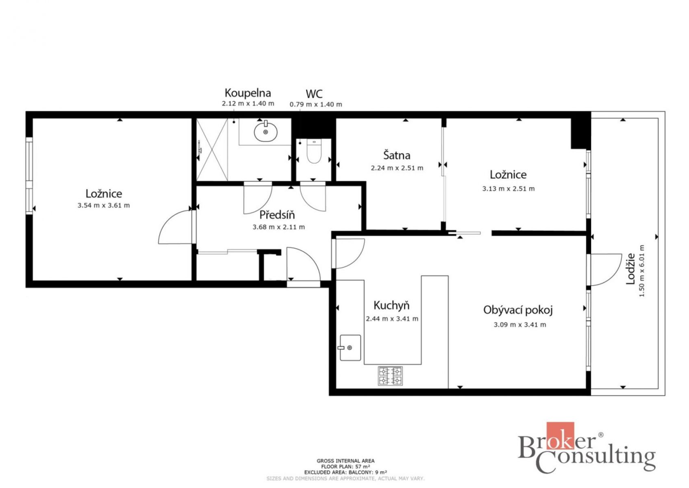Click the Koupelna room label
tap(248, 93)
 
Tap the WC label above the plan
tap(314, 94)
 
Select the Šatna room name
tap(397, 155)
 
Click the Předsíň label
tap(277, 215)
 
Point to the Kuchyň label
tap(391, 305)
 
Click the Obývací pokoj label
tap(518, 310)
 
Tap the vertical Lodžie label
tap(630, 268)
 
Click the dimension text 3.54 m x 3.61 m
tap(104, 205)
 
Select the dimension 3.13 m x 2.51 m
tap(509, 189)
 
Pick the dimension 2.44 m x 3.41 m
tap(392, 319)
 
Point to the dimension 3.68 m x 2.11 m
tap(279, 227)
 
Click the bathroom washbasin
tap(265, 131)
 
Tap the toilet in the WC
tap(314, 151)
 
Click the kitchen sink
tap(350, 348)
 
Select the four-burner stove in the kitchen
tap(390, 376)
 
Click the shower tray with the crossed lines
tap(212, 150)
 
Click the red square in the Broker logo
tap(560, 436)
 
